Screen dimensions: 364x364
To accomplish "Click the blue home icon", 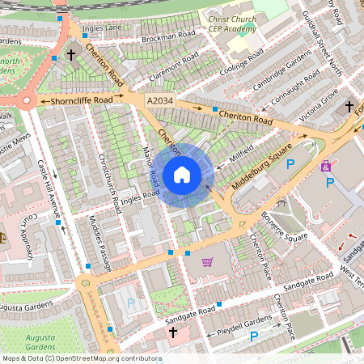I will tap(182, 175).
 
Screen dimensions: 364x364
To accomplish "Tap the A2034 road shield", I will tap(160, 99).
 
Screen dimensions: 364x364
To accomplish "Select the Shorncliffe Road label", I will tap(81, 101).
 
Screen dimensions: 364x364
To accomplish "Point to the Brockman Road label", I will tap(168, 36).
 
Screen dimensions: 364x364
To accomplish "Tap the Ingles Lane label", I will tap(101, 28).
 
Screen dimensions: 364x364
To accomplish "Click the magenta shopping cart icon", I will tap(208, 261).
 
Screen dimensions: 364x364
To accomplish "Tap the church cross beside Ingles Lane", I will tap(71, 55).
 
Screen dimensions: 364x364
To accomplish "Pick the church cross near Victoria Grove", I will tap(349, 107).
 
